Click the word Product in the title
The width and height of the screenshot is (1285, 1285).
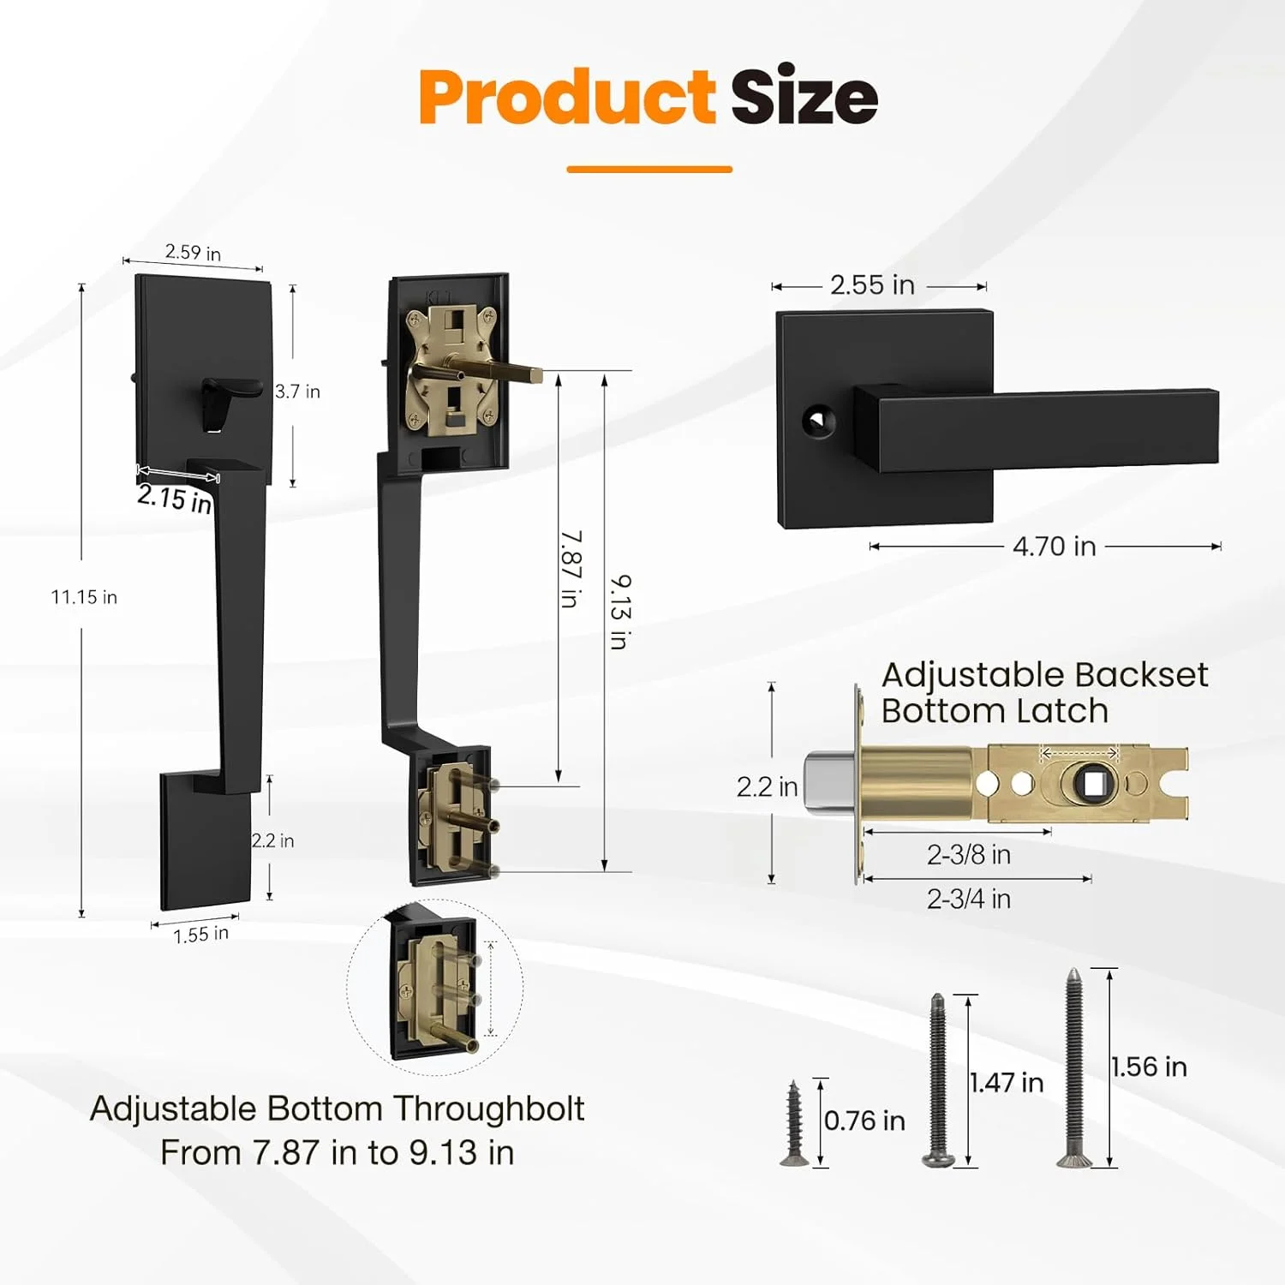tap(566, 97)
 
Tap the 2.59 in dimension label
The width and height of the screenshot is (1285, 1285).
tap(193, 252)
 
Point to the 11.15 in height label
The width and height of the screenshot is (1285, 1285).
tap(84, 597)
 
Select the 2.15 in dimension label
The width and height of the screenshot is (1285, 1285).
tap(175, 498)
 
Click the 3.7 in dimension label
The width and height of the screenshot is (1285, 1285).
tap(297, 391)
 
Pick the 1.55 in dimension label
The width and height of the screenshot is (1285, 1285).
tap(201, 934)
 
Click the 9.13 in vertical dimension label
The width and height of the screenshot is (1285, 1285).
tap(620, 612)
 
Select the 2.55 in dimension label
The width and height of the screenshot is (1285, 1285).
tap(872, 284)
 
